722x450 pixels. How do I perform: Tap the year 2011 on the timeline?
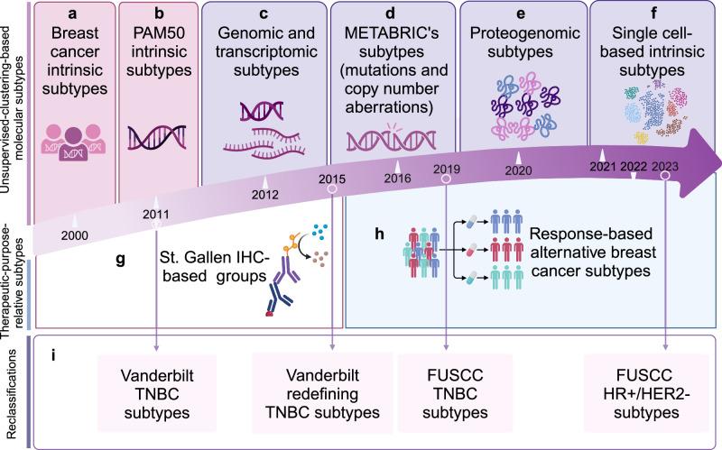(x=159, y=214)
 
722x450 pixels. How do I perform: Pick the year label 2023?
(x=665, y=164)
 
